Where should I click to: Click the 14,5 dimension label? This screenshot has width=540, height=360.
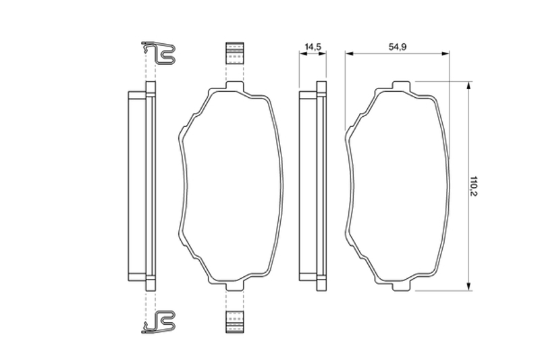point(313,47)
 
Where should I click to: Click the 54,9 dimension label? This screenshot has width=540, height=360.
point(398,47)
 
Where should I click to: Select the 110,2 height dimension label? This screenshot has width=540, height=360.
point(475,186)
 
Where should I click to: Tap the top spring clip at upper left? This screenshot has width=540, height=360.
point(159,53)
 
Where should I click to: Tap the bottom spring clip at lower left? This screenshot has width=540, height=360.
point(159,322)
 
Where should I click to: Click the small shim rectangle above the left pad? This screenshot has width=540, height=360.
point(234,53)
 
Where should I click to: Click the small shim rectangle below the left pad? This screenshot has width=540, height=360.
point(234,322)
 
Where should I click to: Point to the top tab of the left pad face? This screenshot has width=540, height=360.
point(234,85)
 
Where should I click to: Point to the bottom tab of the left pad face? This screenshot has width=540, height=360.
point(234,286)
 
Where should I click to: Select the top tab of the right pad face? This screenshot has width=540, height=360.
point(402,85)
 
